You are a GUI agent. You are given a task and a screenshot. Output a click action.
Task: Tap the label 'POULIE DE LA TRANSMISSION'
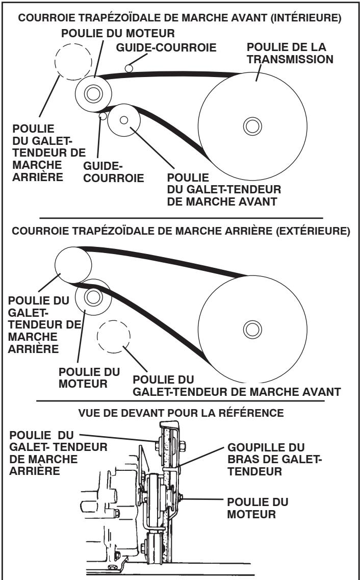(x=289, y=51)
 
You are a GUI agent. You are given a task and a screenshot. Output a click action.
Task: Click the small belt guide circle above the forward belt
(x=130, y=67)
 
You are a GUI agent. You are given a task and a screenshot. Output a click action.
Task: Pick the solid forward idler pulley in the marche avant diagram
(x=124, y=120)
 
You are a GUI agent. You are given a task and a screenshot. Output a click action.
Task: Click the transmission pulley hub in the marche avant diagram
(x=251, y=124)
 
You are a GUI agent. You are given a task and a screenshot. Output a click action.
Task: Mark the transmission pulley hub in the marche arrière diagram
(x=251, y=327)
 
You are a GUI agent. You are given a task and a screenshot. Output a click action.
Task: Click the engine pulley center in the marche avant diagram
(x=92, y=93)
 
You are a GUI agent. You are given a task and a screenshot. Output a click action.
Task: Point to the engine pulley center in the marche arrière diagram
(x=92, y=296)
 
